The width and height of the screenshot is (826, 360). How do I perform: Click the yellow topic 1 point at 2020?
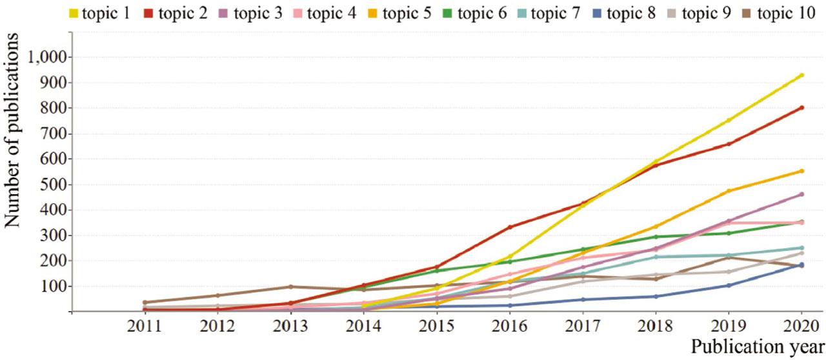pyautogui.click(x=801, y=75)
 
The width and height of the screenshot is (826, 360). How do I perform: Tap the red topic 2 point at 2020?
pyautogui.click(x=801, y=108)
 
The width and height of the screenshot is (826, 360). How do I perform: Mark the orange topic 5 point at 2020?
pyautogui.click(x=801, y=171)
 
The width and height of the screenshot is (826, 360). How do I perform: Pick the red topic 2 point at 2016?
pyautogui.click(x=510, y=227)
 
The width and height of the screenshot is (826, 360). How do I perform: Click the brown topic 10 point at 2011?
pyautogui.click(x=145, y=303)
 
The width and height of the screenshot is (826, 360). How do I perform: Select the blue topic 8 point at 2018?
pyautogui.click(x=656, y=297)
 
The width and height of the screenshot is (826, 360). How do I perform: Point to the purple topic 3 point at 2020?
pyautogui.click(x=801, y=194)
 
